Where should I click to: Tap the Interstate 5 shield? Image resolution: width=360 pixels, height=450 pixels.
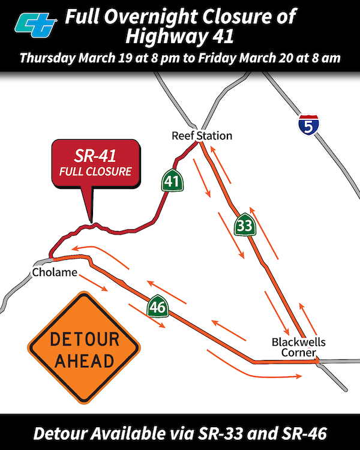[308, 125]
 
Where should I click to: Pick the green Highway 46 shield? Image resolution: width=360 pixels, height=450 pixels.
[157, 307]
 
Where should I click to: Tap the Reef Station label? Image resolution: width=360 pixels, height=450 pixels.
[202, 136]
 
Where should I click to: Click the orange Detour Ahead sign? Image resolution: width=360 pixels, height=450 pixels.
[83, 347]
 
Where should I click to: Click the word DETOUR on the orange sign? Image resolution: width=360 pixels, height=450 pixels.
[84, 340]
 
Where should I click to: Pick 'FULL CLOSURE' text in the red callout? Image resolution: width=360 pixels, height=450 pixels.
[95, 172]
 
